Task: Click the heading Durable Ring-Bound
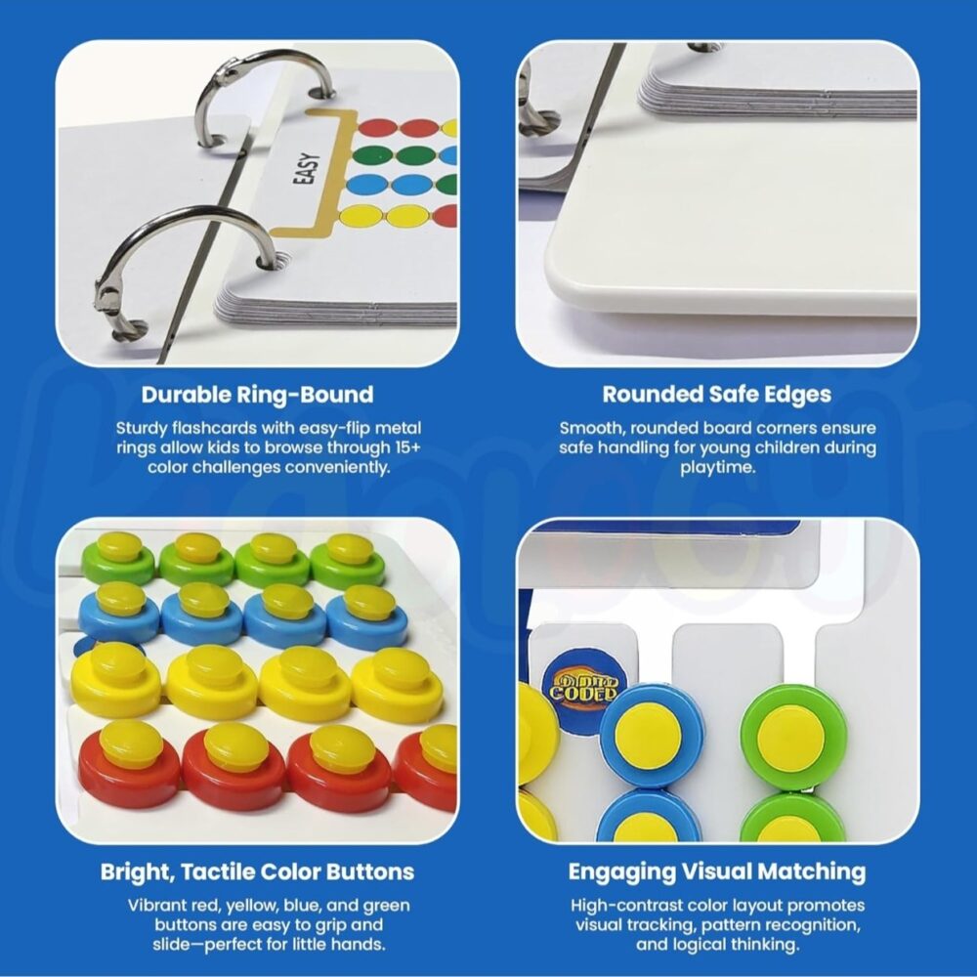click(257, 395)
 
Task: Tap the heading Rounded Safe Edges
click(716, 395)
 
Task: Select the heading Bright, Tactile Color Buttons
click(257, 871)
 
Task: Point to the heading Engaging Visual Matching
click(716, 871)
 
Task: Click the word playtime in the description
click(717, 468)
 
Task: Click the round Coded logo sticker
click(581, 687)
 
